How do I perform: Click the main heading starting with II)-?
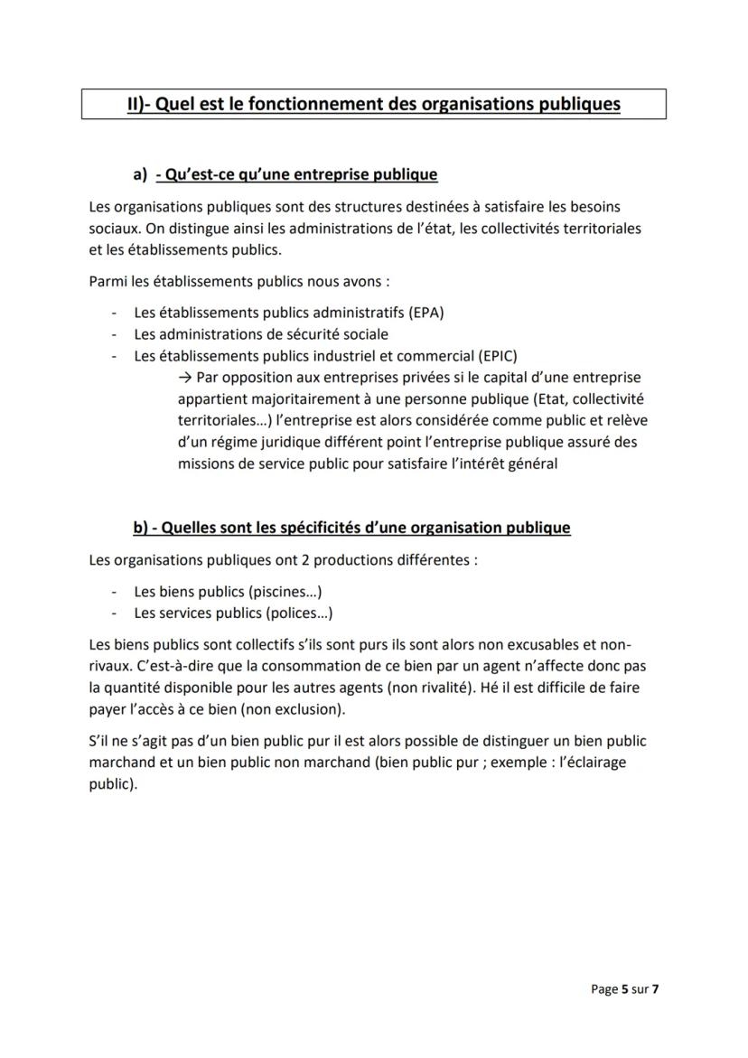[x=373, y=104]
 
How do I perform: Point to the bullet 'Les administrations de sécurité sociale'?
[x=248, y=334]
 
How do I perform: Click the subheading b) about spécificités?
[x=351, y=527]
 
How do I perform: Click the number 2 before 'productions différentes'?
[x=307, y=559]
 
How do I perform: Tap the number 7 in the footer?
[x=655, y=989]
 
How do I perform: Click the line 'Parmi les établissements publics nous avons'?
[x=238, y=281]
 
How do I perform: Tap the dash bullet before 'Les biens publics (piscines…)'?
[x=114, y=592]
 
